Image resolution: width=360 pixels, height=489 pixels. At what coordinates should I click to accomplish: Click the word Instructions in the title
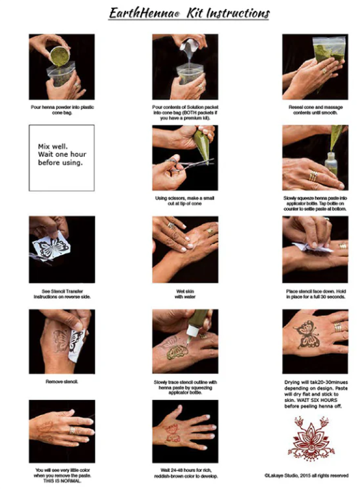click(233, 14)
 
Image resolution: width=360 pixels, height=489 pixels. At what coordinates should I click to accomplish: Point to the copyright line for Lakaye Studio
click(306, 474)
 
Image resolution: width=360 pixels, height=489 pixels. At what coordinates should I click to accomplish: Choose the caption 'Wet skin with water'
click(181, 293)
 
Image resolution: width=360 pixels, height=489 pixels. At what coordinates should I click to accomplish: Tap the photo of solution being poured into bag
click(181, 66)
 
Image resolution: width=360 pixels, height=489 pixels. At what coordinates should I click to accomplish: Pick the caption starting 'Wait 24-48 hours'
click(181, 475)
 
